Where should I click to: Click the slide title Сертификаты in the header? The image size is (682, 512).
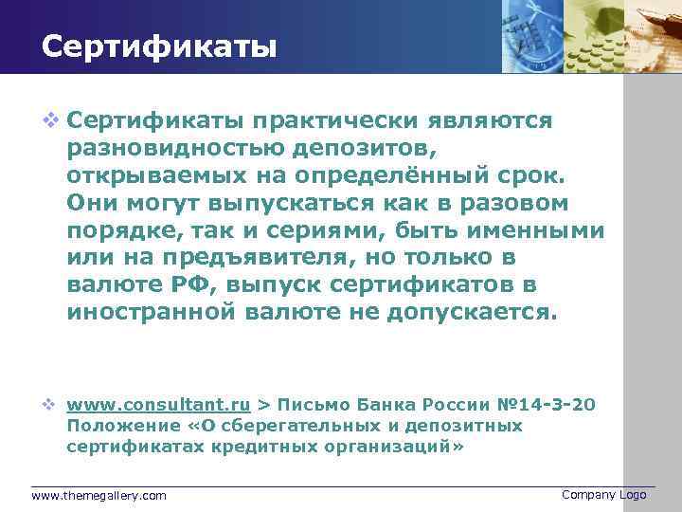pyautogui.click(x=159, y=46)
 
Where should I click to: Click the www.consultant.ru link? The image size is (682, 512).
pyautogui.click(x=158, y=405)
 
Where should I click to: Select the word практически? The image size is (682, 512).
pyautogui.click(x=318, y=121)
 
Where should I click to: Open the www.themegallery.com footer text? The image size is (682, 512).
pyautogui.click(x=99, y=496)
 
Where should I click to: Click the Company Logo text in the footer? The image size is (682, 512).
pyautogui.click(x=603, y=495)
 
